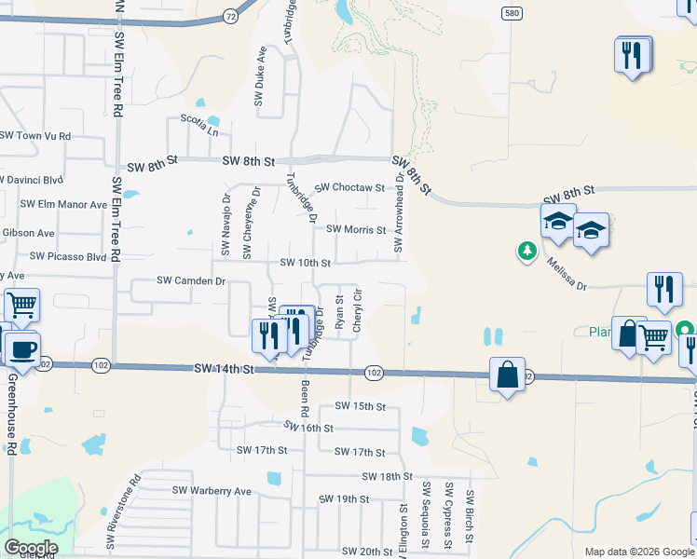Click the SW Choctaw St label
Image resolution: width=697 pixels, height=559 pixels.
(x=349, y=188)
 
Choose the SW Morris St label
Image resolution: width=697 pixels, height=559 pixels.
(x=356, y=229)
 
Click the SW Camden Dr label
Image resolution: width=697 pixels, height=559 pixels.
(x=191, y=280)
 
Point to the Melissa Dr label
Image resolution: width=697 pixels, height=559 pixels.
(x=567, y=276)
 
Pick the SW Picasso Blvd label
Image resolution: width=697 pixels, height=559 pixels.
(x=69, y=255)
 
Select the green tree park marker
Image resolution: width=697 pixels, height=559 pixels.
(x=526, y=251)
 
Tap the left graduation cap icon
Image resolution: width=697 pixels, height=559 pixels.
(x=558, y=222)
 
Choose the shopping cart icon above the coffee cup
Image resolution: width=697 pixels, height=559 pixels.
(x=22, y=304)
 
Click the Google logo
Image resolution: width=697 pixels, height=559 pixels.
(x=32, y=548)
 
